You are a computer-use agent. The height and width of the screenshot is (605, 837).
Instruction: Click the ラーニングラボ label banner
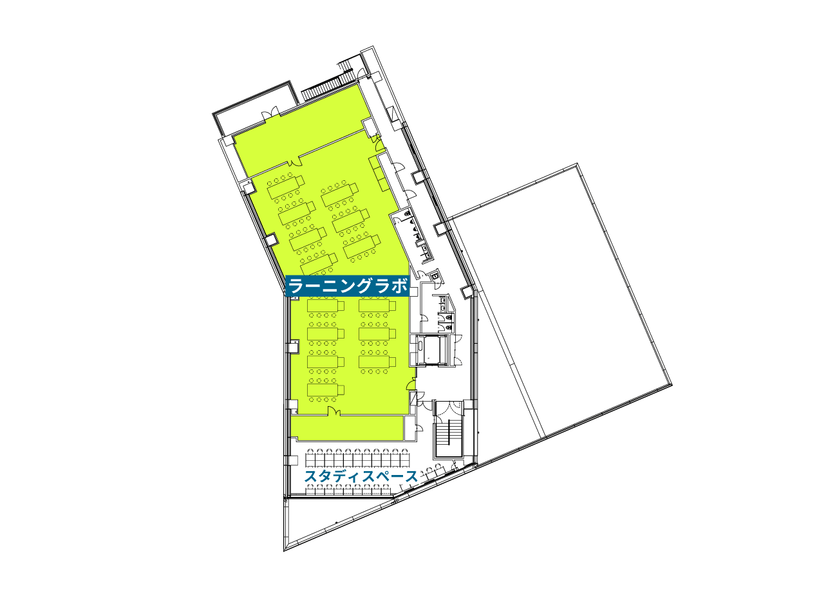point(348,286)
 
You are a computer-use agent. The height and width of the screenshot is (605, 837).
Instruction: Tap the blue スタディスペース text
point(361,476)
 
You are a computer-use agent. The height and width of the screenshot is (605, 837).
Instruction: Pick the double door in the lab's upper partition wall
point(295,162)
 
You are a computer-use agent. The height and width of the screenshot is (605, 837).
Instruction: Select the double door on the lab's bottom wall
point(334,411)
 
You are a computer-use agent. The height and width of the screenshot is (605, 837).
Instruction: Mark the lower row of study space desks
point(348,489)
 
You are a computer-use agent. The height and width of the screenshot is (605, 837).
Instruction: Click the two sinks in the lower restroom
point(443,303)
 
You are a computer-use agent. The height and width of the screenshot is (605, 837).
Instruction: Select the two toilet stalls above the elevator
point(447,322)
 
